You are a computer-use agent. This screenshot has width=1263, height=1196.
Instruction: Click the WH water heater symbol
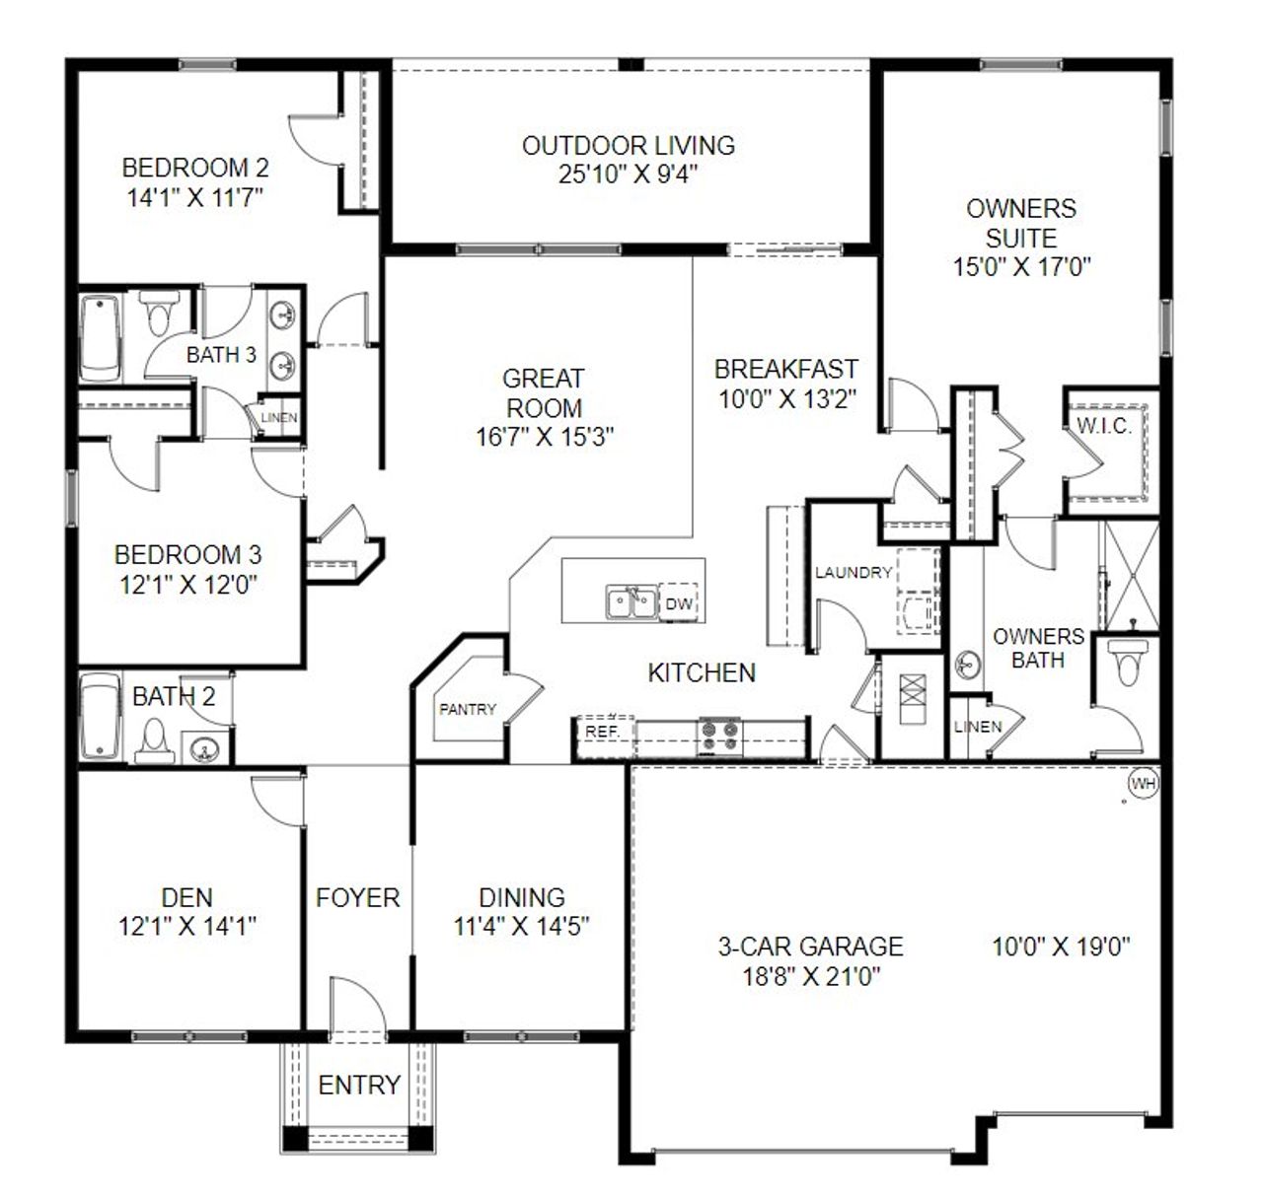1143,784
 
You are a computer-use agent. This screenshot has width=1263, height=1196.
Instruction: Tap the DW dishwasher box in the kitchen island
679,603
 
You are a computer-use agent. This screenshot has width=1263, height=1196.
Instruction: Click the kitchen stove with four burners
720,736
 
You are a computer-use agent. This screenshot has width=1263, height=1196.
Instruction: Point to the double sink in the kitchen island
631,602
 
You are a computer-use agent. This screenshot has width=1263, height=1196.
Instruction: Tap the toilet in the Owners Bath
1124,660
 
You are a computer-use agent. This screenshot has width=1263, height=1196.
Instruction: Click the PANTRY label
468,709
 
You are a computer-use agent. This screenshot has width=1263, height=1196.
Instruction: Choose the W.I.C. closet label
1104,426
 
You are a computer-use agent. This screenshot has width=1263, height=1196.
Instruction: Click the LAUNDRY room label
854,573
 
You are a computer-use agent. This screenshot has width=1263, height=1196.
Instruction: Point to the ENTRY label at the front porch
359,1085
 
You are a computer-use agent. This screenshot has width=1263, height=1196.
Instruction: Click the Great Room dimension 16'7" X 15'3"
545,437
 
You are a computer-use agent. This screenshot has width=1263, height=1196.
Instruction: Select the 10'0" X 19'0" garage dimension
1061,947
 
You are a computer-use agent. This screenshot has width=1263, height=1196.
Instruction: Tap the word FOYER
357,897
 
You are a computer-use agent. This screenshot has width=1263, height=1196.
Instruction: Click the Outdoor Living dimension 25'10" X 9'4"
629,175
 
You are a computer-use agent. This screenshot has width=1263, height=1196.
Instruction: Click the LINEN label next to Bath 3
279,417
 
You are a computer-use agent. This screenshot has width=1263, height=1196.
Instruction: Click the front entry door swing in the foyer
352,1008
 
